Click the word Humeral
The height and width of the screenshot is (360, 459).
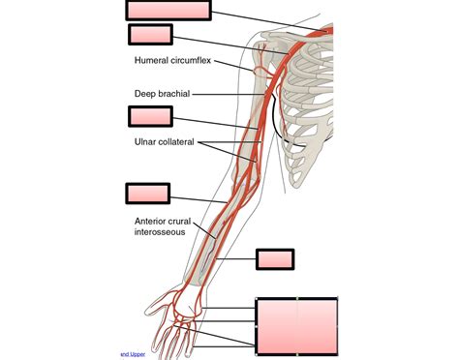(153, 62)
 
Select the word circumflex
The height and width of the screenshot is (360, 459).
(192, 62)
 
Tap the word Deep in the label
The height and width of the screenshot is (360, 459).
(145, 94)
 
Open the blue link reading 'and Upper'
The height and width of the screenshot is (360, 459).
(132, 354)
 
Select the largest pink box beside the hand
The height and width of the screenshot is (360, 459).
(296, 326)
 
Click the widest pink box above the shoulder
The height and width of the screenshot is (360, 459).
(168, 10)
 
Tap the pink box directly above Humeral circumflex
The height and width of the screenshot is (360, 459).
(149, 35)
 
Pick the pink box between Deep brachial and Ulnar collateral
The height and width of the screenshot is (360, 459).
(149, 116)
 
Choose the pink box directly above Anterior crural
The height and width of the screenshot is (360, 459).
(147, 193)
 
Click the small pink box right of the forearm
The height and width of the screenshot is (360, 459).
(274, 258)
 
